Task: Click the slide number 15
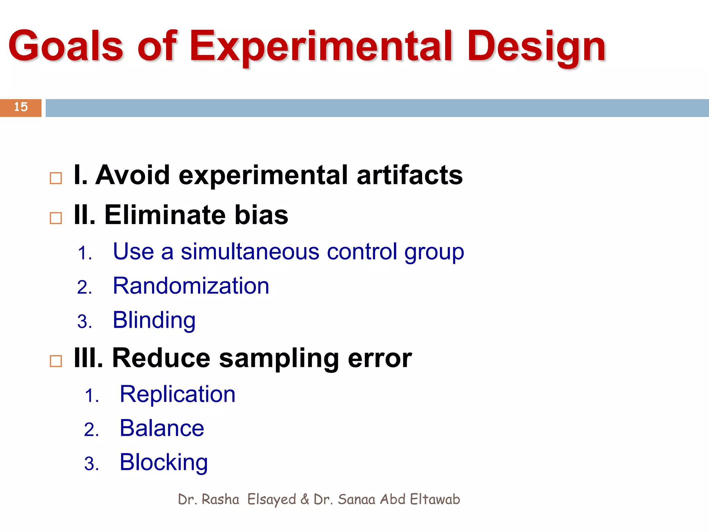(x=21, y=107)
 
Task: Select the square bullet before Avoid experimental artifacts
(x=56, y=178)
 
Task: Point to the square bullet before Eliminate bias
(x=56, y=218)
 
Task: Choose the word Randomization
(x=191, y=286)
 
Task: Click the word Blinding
(x=154, y=320)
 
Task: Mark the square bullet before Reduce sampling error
(x=56, y=361)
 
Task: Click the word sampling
(x=279, y=358)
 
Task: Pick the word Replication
(x=177, y=394)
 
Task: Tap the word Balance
(x=162, y=428)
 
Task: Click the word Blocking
(x=163, y=462)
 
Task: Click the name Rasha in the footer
(x=220, y=499)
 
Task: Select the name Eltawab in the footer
(x=435, y=499)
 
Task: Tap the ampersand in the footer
(x=305, y=499)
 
